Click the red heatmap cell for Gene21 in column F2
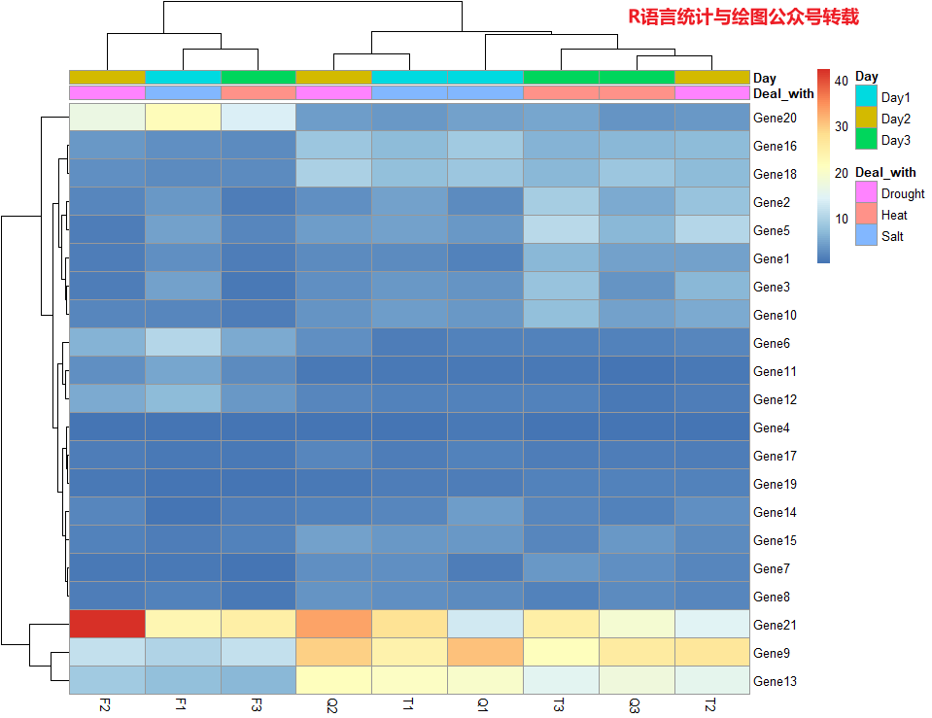(107, 625)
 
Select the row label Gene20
(775, 118)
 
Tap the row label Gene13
(775, 681)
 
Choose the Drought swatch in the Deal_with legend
(866, 193)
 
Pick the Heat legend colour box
(866, 215)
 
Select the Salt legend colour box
(866, 236)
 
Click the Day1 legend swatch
(866, 97)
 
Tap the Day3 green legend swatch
(866, 140)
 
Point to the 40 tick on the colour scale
(841, 80)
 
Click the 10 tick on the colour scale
(841, 219)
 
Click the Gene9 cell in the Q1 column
(484, 653)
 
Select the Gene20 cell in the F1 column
(183, 118)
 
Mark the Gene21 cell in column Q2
(332, 625)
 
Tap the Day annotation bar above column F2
(107, 77)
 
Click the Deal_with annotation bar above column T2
(711, 93)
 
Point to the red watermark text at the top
(742, 17)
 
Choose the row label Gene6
(772, 343)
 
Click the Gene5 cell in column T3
(560, 230)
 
